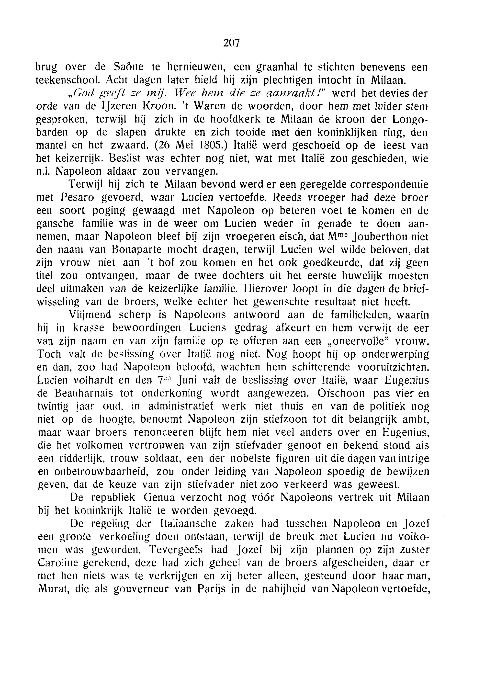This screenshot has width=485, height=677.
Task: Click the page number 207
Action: coord(231,43)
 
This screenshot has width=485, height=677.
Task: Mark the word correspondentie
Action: coord(389,184)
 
